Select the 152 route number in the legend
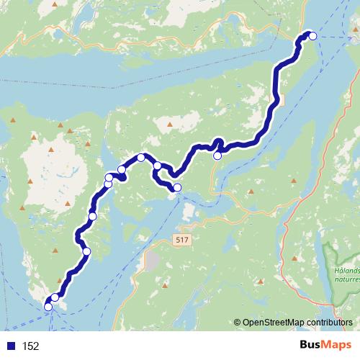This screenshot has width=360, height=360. tap(30, 346)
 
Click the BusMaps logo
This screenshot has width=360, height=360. tap(327, 346)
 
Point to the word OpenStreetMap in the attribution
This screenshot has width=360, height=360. tap(271, 323)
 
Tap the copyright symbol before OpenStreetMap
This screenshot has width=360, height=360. tap(237, 323)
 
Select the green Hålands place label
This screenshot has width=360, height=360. tap(348, 271)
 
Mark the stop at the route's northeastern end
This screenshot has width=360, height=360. tap(312, 36)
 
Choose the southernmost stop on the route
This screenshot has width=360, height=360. tap(48, 307)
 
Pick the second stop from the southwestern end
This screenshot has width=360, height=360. tap(55, 297)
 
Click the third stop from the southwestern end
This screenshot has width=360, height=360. tap(86, 251)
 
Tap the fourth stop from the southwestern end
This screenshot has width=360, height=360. tap(92, 216)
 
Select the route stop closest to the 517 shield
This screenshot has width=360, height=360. tap(177, 189)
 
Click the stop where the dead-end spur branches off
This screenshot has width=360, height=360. tap(158, 166)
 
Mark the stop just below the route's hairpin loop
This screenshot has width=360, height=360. tap(217, 155)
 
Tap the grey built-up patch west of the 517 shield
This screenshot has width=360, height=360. tap(153, 259)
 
